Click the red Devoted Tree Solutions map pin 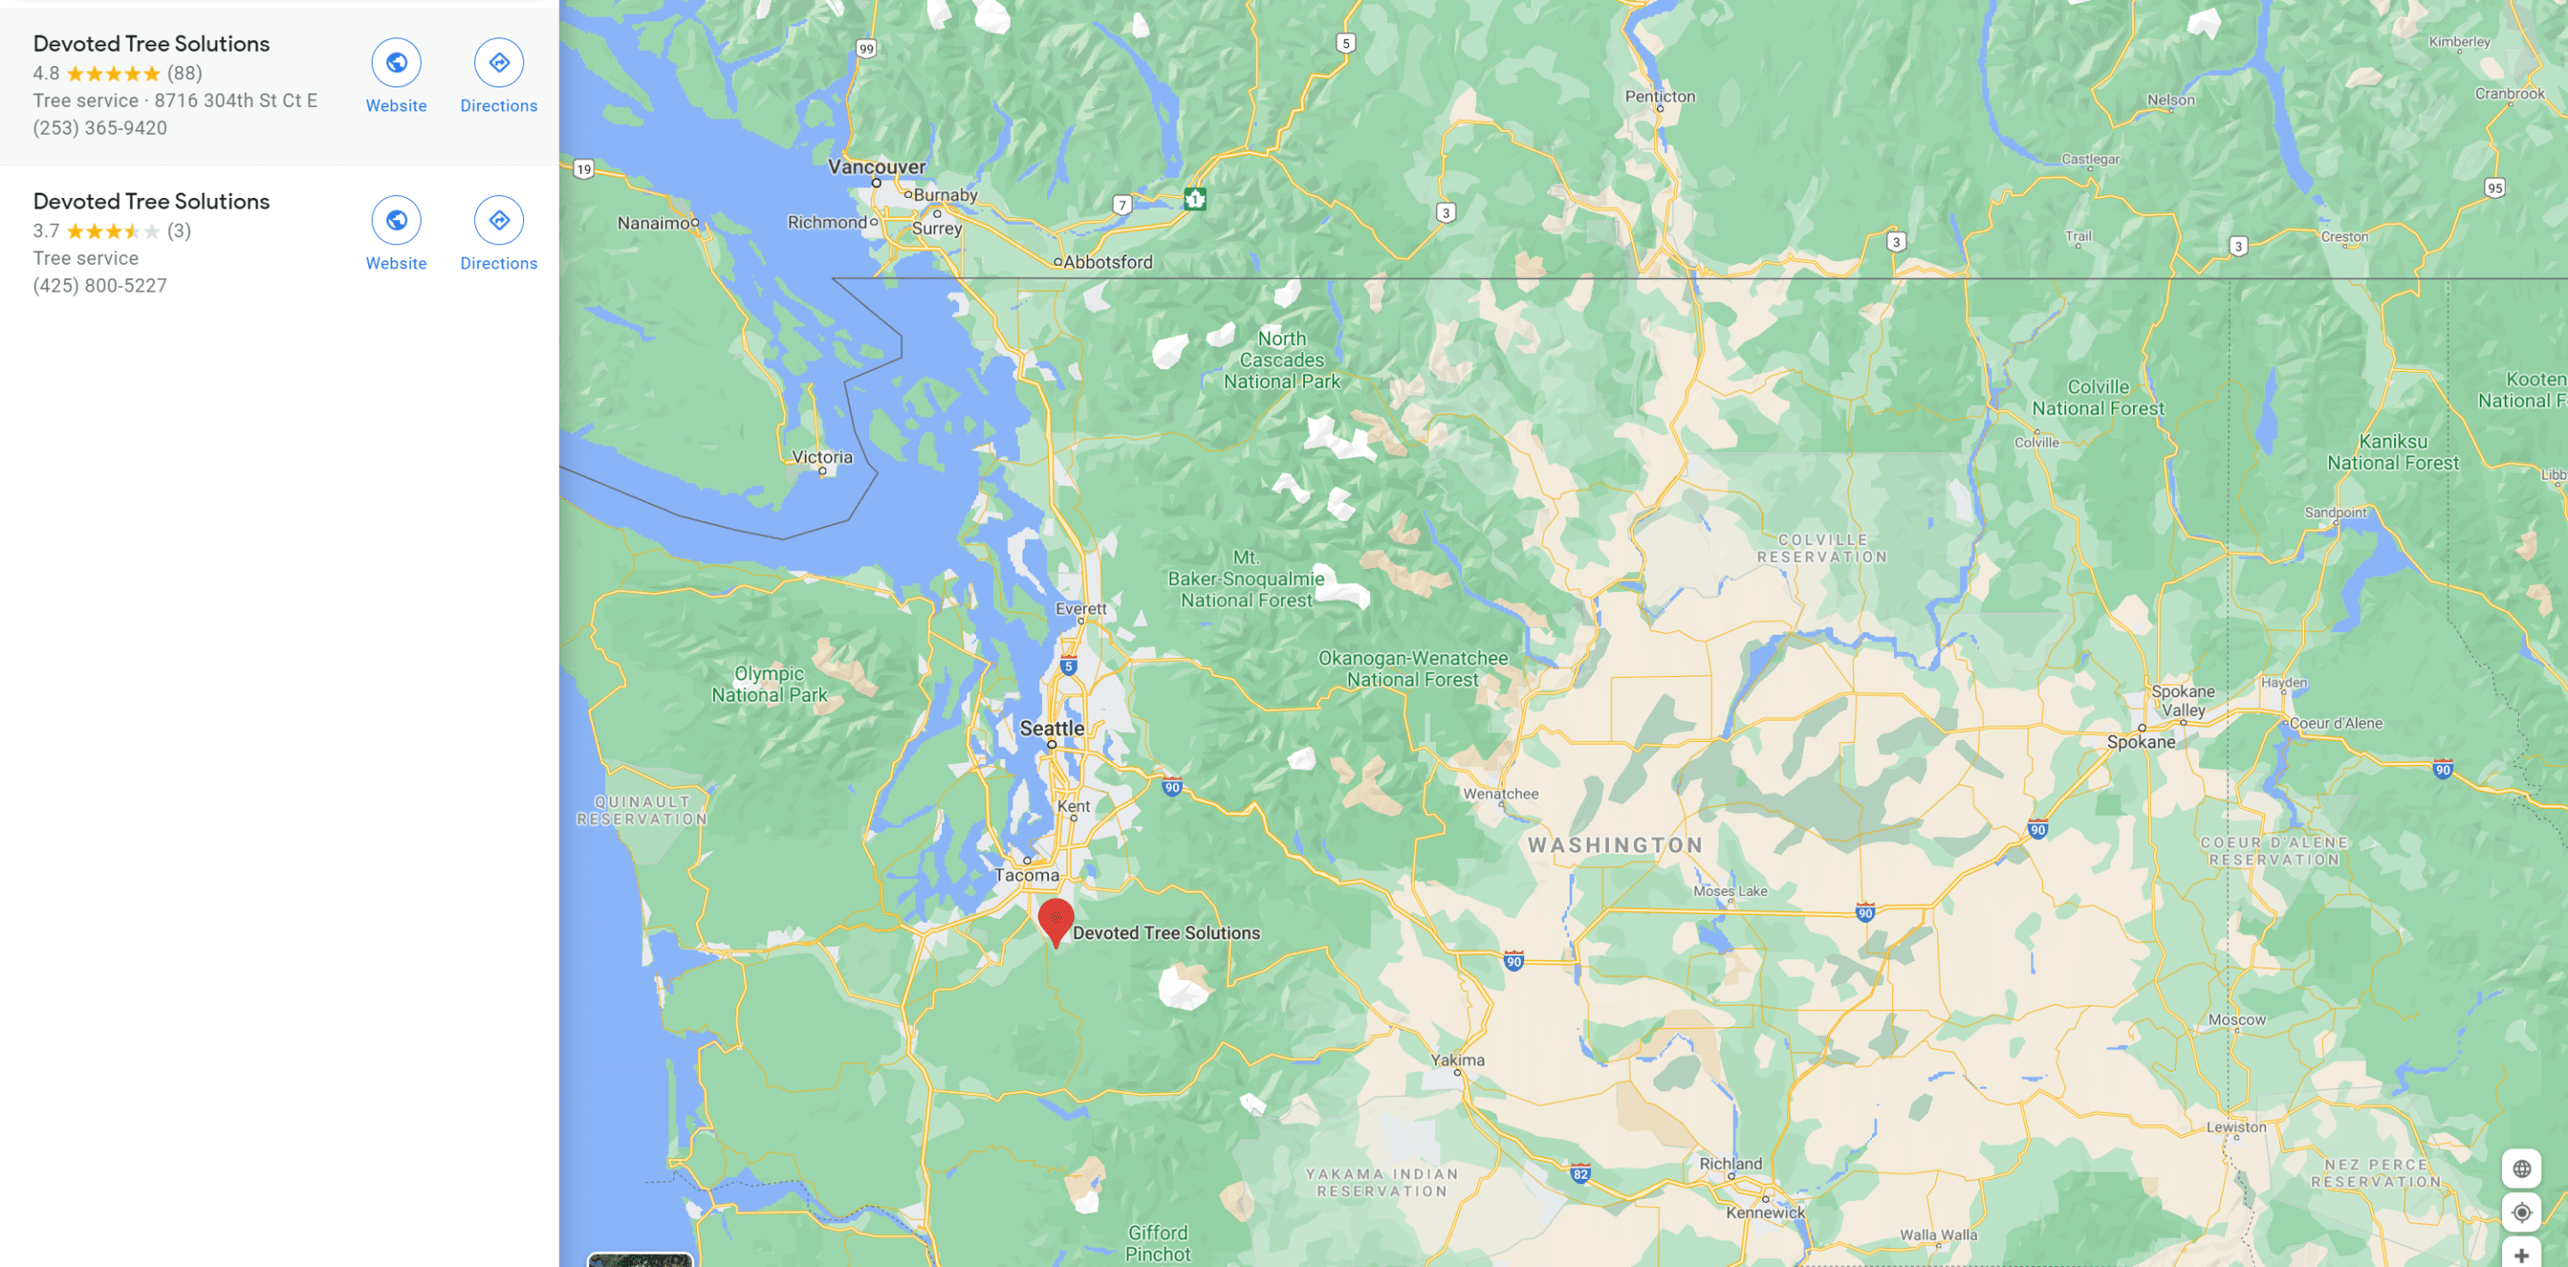pyautogui.click(x=1055, y=920)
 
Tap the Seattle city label pyautogui.click(x=1051, y=728)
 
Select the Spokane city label pyautogui.click(x=2140, y=742)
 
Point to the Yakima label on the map pyautogui.click(x=1457, y=1059)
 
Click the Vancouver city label pyautogui.click(x=876, y=167)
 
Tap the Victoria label pyautogui.click(x=822, y=457)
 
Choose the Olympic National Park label pyautogui.click(x=768, y=684)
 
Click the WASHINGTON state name pyautogui.click(x=1615, y=845)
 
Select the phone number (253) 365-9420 pyautogui.click(x=100, y=128)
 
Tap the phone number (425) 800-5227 pyautogui.click(x=100, y=285)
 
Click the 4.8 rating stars pyautogui.click(x=112, y=74)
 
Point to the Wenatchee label pyautogui.click(x=1500, y=794)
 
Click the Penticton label pyautogui.click(x=1659, y=96)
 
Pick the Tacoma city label pyautogui.click(x=1026, y=876)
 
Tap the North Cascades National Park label pyautogui.click(x=1281, y=360)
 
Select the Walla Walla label pyautogui.click(x=1938, y=1234)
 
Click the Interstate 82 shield pyautogui.click(x=1580, y=1173)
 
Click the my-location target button pyautogui.click(x=2521, y=1213)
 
